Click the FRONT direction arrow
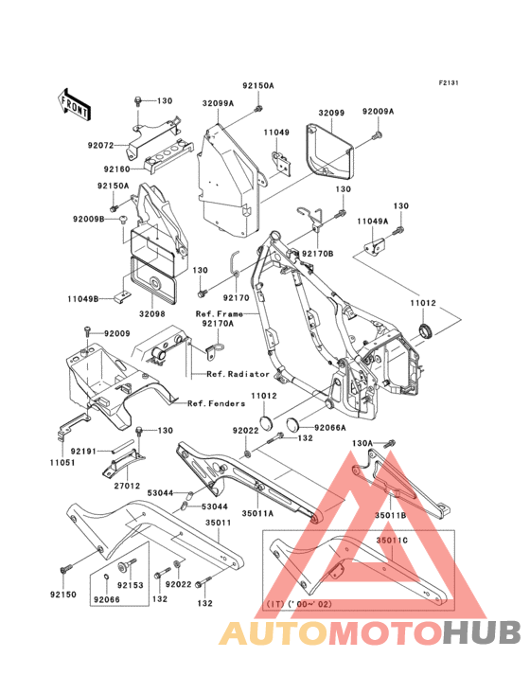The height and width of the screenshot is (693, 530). pyautogui.click(x=74, y=105)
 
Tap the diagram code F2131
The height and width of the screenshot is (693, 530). pyautogui.click(x=449, y=82)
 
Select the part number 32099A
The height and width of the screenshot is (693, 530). pyautogui.click(x=219, y=103)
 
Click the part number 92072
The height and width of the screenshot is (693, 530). pyautogui.click(x=100, y=145)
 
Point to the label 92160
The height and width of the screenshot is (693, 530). pyautogui.click(x=117, y=169)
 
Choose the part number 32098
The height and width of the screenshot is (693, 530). pyautogui.click(x=152, y=313)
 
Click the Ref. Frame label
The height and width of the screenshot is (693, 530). pyautogui.click(x=220, y=313)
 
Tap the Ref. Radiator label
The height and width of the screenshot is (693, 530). pyautogui.click(x=238, y=374)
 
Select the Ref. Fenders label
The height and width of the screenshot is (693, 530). pyautogui.click(x=217, y=403)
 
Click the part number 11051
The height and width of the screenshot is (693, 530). pyautogui.click(x=62, y=463)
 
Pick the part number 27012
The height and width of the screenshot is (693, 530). pyautogui.click(x=127, y=486)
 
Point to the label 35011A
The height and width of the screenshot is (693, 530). pyautogui.click(x=258, y=513)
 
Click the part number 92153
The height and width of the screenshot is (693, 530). pyautogui.click(x=131, y=585)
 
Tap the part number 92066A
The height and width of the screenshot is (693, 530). pyautogui.click(x=330, y=428)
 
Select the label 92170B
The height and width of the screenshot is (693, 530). pyautogui.click(x=318, y=254)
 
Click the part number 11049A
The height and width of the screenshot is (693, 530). pyautogui.click(x=373, y=222)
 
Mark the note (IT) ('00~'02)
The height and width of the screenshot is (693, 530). pyautogui.click(x=298, y=604)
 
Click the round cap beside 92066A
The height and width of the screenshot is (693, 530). pyautogui.click(x=292, y=423)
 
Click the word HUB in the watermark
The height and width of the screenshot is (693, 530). pyautogui.click(x=483, y=633)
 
